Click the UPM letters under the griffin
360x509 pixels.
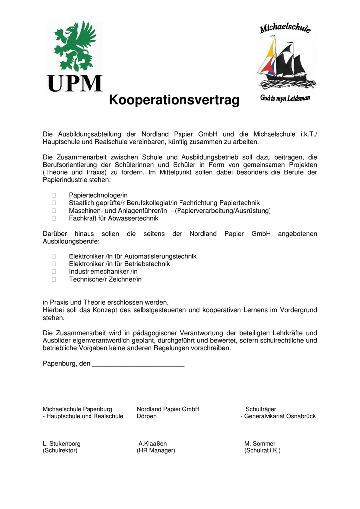click(75, 84)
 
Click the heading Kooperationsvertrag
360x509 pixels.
click(174, 101)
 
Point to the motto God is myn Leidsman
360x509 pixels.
click(285, 98)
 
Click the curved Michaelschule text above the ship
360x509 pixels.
click(285, 29)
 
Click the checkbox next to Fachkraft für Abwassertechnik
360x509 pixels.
click(53, 218)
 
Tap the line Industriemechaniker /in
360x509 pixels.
click(103, 272)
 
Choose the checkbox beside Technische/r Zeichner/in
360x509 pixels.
click(53, 280)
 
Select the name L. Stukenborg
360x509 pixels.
click(62, 444)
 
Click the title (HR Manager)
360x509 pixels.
click(156, 451)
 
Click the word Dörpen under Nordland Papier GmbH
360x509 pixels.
click(147, 416)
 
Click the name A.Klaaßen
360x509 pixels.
click(153, 444)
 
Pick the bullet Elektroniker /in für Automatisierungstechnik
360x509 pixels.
click(132, 256)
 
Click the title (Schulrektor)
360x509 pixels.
click(60, 451)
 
